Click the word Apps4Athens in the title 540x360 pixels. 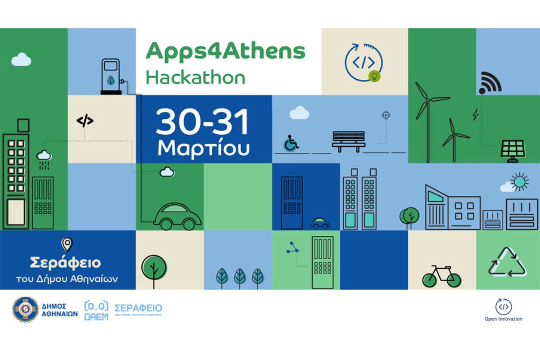(x=225, y=52)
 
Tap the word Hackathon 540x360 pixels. (x=195, y=77)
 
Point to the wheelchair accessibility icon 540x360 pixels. (x=291, y=143)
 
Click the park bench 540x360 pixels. (x=348, y=141)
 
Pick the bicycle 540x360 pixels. (x=441, y=276)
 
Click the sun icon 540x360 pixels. (x=520, y=182)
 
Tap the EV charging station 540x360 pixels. (x=111, y=77)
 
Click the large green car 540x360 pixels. (x=177, y=216)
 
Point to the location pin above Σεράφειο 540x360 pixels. (x=67, y=244)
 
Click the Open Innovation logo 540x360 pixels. (x=503, y=309)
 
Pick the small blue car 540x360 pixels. (x=320, y=223)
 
